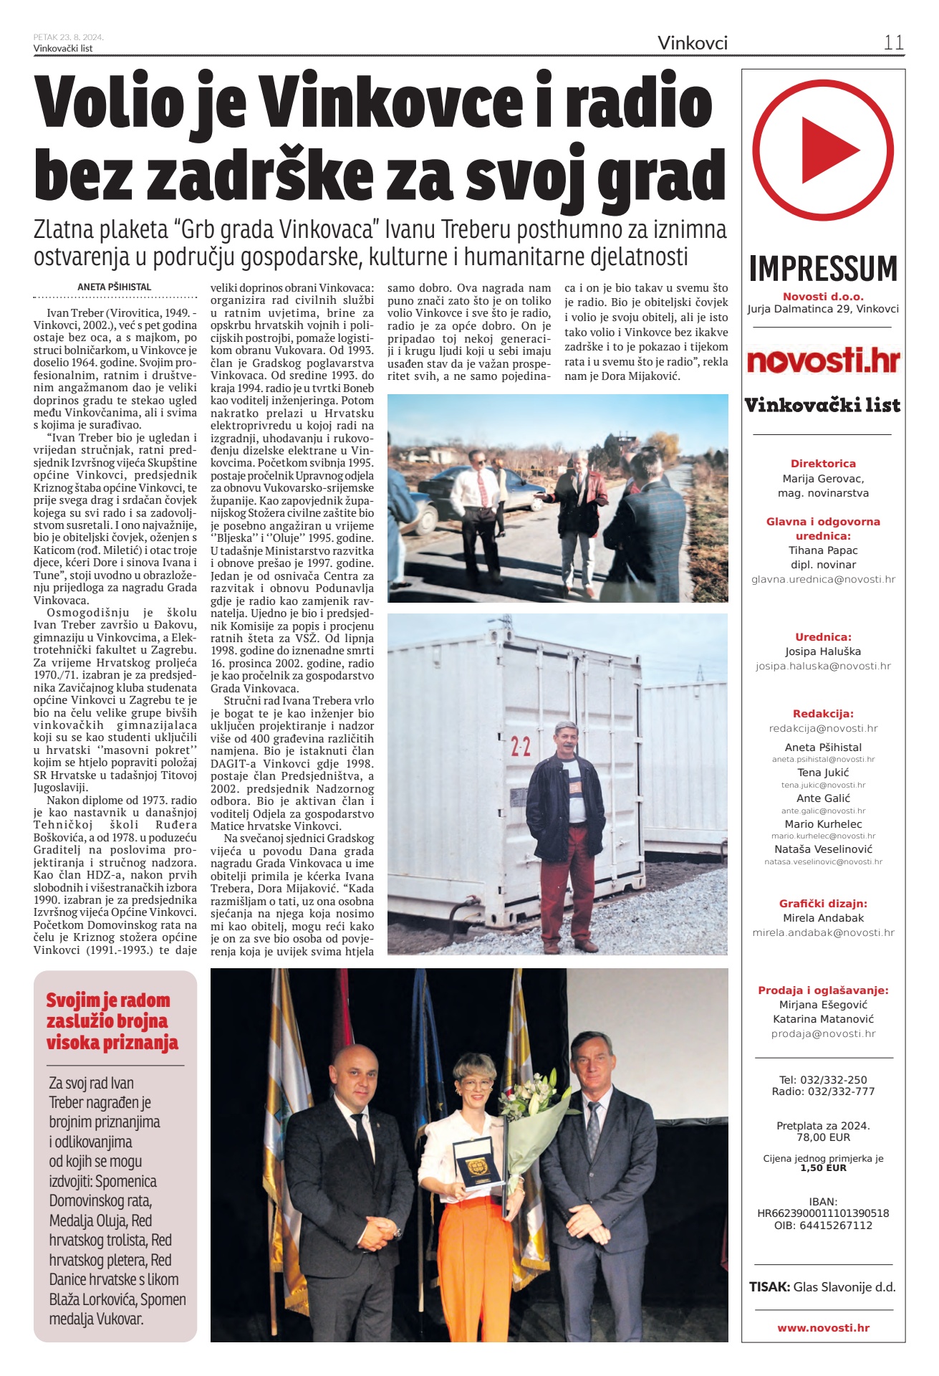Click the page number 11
click(x=893, y=42)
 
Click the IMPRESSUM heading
click(x=823, y=269)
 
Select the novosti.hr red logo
click(x=823, y=360)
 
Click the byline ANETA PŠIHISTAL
click(x=114, y=287)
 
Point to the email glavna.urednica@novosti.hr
click(x=823, y=579)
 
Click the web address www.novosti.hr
click(x=823, y=1327)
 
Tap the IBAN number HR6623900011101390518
click(x=823, y=1213)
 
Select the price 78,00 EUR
click(x=823, y=1137)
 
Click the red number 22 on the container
click(x=521, y=747)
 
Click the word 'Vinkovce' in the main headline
click(x=390, y=102)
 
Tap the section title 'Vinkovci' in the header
click(x=692, y=43)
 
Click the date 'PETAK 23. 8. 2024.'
click(x=68, y=37)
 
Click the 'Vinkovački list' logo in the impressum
click(x=822, y=406)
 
